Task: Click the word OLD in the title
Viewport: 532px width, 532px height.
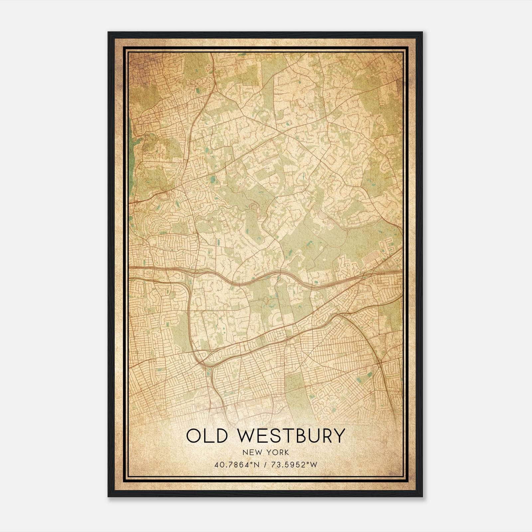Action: (208, 436)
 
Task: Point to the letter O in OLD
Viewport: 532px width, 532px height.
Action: (194, 436)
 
